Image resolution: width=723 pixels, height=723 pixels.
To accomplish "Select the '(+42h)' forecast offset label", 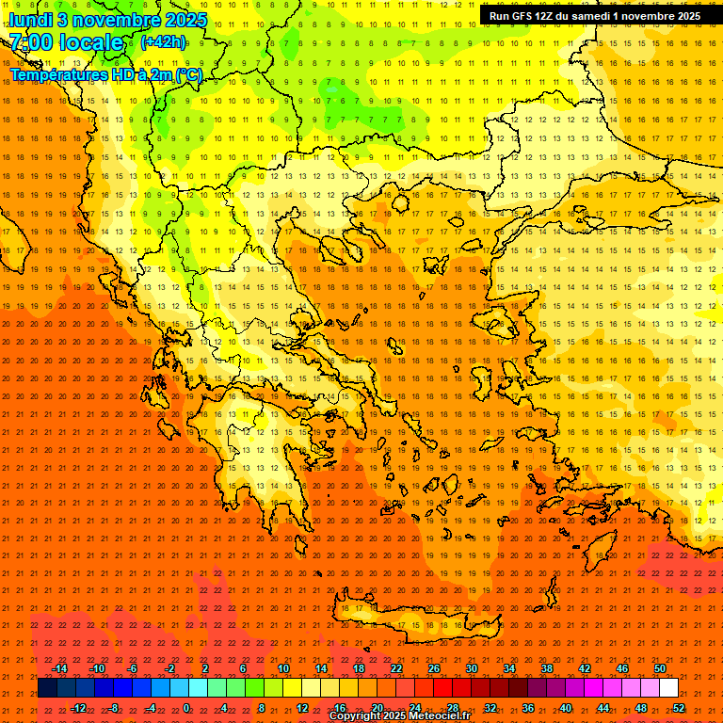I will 163,42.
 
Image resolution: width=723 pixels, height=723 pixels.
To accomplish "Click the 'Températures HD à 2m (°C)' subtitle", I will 105,74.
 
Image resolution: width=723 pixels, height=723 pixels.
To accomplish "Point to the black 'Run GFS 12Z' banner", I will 594,16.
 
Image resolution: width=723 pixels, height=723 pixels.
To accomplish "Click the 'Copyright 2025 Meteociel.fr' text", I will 399,716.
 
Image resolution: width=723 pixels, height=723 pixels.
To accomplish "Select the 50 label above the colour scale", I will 660,668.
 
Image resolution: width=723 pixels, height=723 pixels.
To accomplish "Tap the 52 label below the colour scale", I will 679,707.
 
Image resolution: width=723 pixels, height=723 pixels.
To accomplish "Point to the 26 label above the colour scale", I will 434,668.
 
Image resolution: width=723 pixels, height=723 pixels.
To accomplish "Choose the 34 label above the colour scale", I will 509,668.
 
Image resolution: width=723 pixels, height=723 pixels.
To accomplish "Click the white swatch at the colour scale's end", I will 669,688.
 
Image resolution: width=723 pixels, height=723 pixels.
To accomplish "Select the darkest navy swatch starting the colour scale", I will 48,688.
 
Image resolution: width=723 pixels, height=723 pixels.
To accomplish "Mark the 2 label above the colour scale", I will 205,668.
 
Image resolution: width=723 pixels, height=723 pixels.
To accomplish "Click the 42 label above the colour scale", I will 585,668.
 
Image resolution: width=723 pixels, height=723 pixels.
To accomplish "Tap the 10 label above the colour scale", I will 283,668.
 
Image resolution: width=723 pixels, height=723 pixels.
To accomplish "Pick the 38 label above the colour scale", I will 547,668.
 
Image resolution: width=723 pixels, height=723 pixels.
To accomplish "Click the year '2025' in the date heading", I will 165,20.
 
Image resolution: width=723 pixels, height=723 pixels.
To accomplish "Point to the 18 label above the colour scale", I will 359,668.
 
